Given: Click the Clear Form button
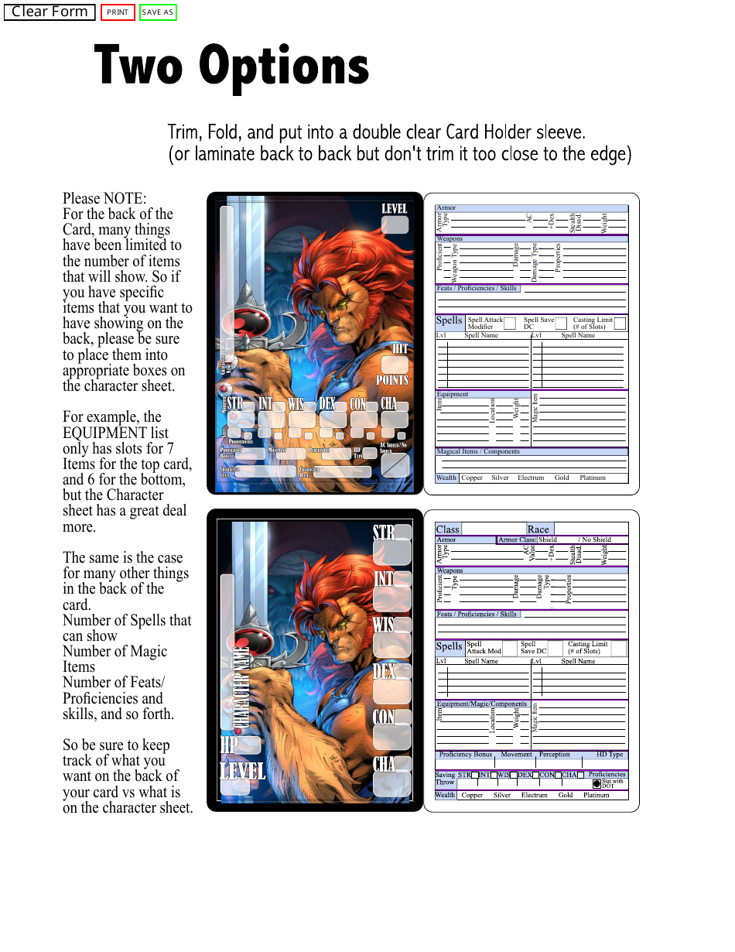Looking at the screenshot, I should [x=50, y=12].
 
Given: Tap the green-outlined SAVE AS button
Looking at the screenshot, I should [x=158, y=12].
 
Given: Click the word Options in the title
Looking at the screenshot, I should [x=284, y=67].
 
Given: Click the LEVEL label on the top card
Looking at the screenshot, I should [x=394, y=209].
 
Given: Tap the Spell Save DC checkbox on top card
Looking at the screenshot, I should [x=561, y=324].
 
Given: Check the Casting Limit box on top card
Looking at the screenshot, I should [x=620, y=324].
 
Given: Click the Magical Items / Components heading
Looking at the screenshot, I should [x=478, y=451].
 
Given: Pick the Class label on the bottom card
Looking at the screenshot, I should [x=447, y=529].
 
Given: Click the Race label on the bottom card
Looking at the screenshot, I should [x=538, y=529].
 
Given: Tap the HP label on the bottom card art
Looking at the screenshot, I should [x=229, y=744].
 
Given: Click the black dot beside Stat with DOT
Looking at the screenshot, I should [x=597, y=784].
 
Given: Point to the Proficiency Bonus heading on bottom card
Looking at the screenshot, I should [x=465, y=755].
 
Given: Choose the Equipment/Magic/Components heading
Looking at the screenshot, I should [x=482, y=704].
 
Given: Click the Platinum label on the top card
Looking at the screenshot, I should [x=593, y=478].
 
